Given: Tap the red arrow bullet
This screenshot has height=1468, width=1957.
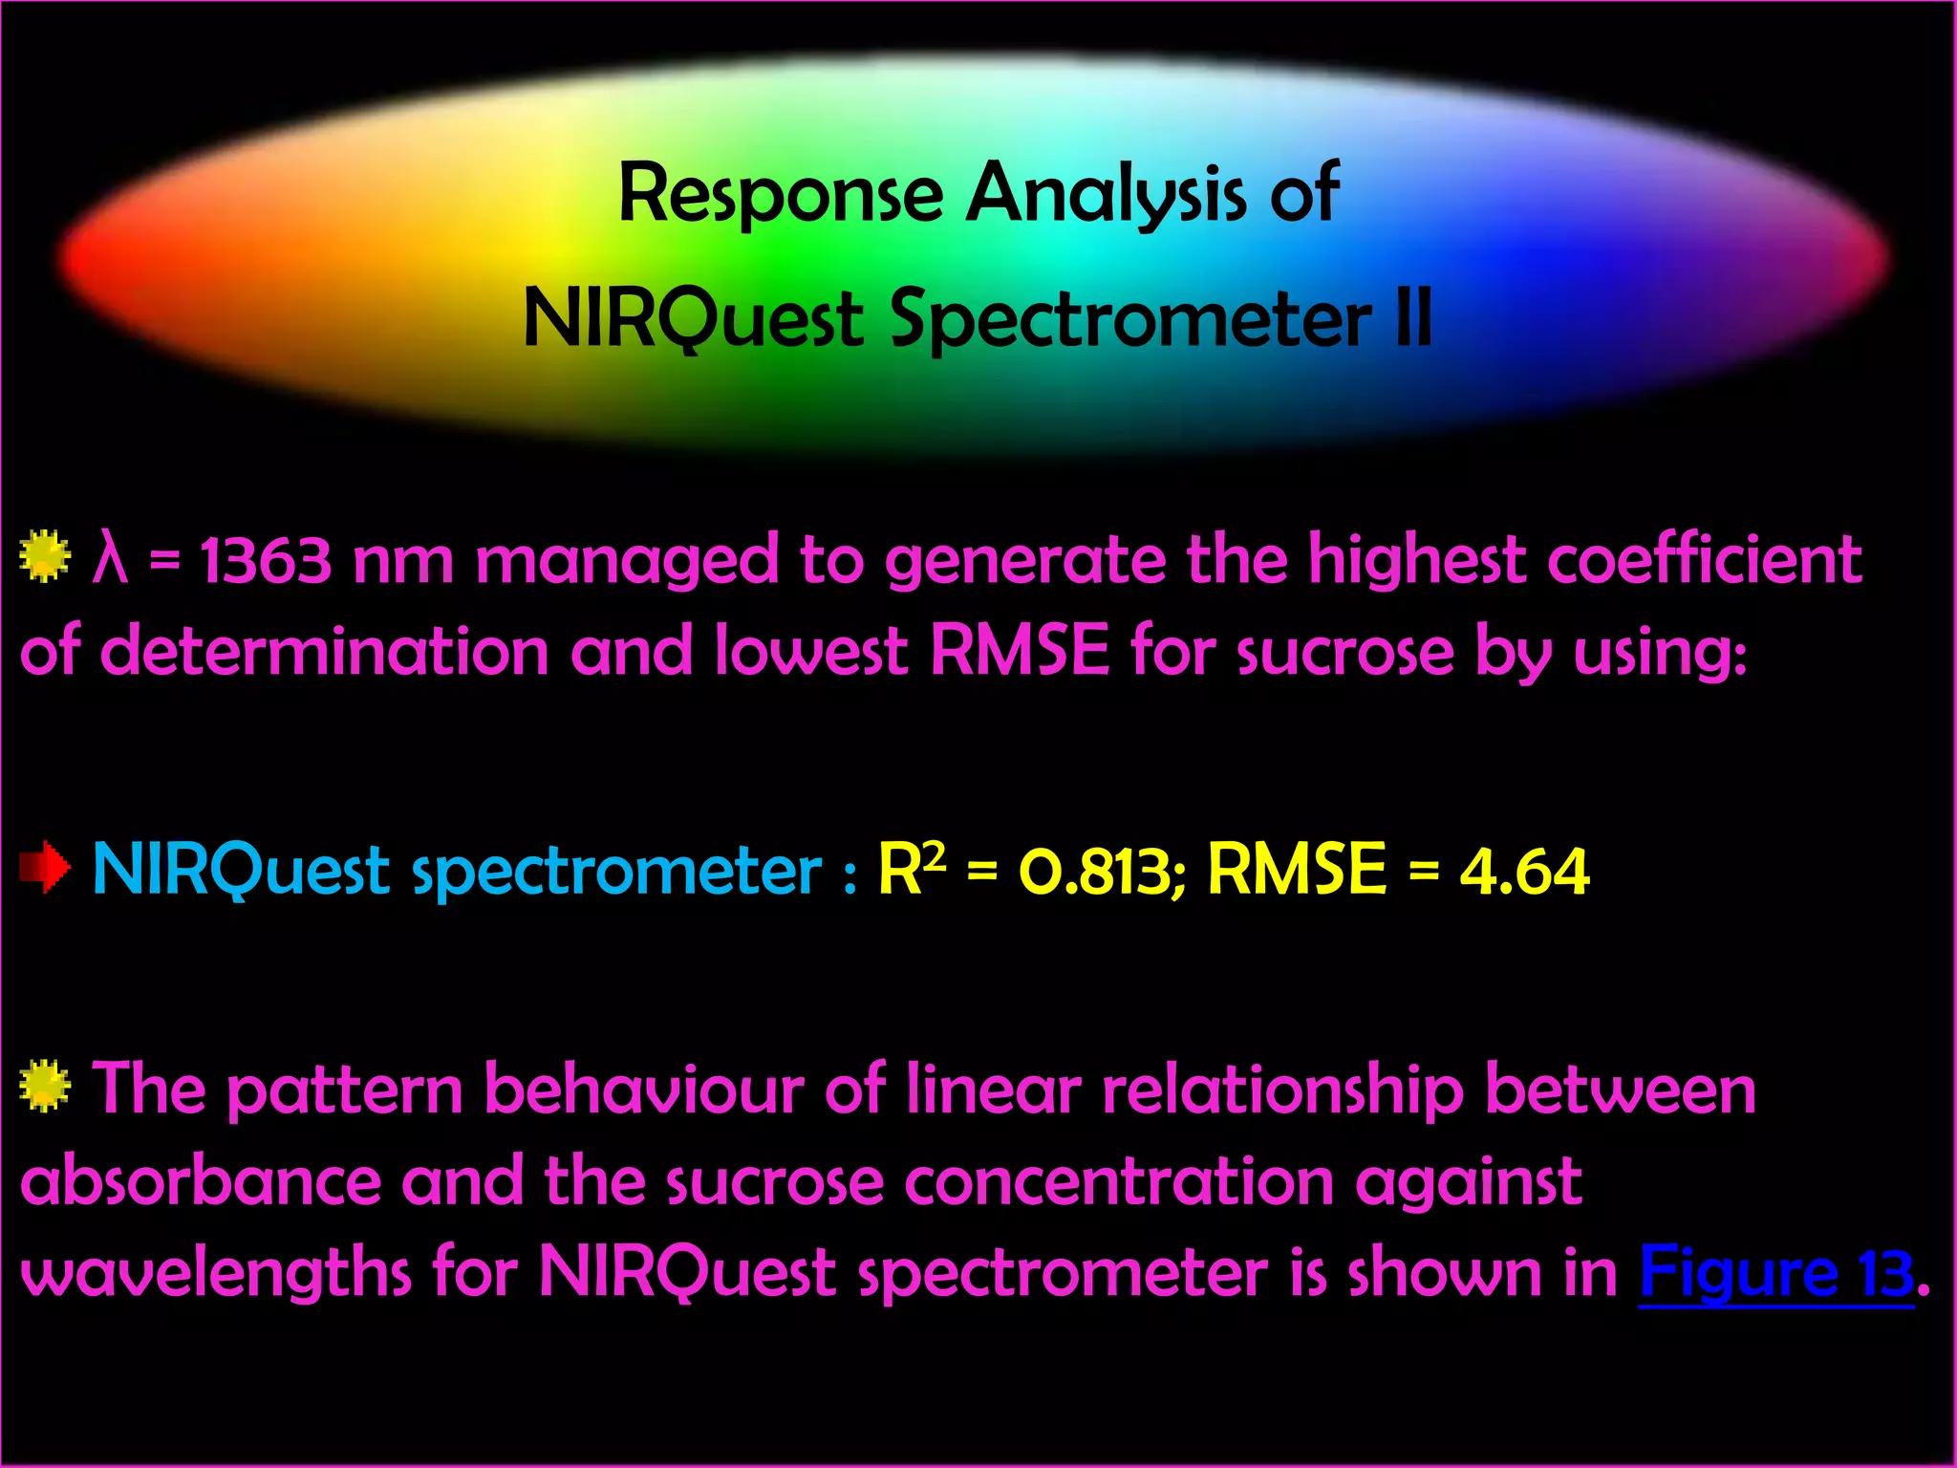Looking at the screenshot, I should coord(45,868).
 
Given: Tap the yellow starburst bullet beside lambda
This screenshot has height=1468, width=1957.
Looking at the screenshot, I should coord(45,557).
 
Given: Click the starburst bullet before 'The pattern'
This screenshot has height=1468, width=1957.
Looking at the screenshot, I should coord(45,1087).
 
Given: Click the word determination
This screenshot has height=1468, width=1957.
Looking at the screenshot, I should coord(324,652).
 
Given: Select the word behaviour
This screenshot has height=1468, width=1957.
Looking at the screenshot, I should coord(643,1090).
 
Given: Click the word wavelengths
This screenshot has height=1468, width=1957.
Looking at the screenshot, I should coord(215,1274).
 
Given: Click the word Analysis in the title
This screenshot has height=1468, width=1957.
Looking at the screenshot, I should coord(1106,195).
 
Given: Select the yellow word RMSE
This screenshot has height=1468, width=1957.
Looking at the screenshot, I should coord(1296,870).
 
